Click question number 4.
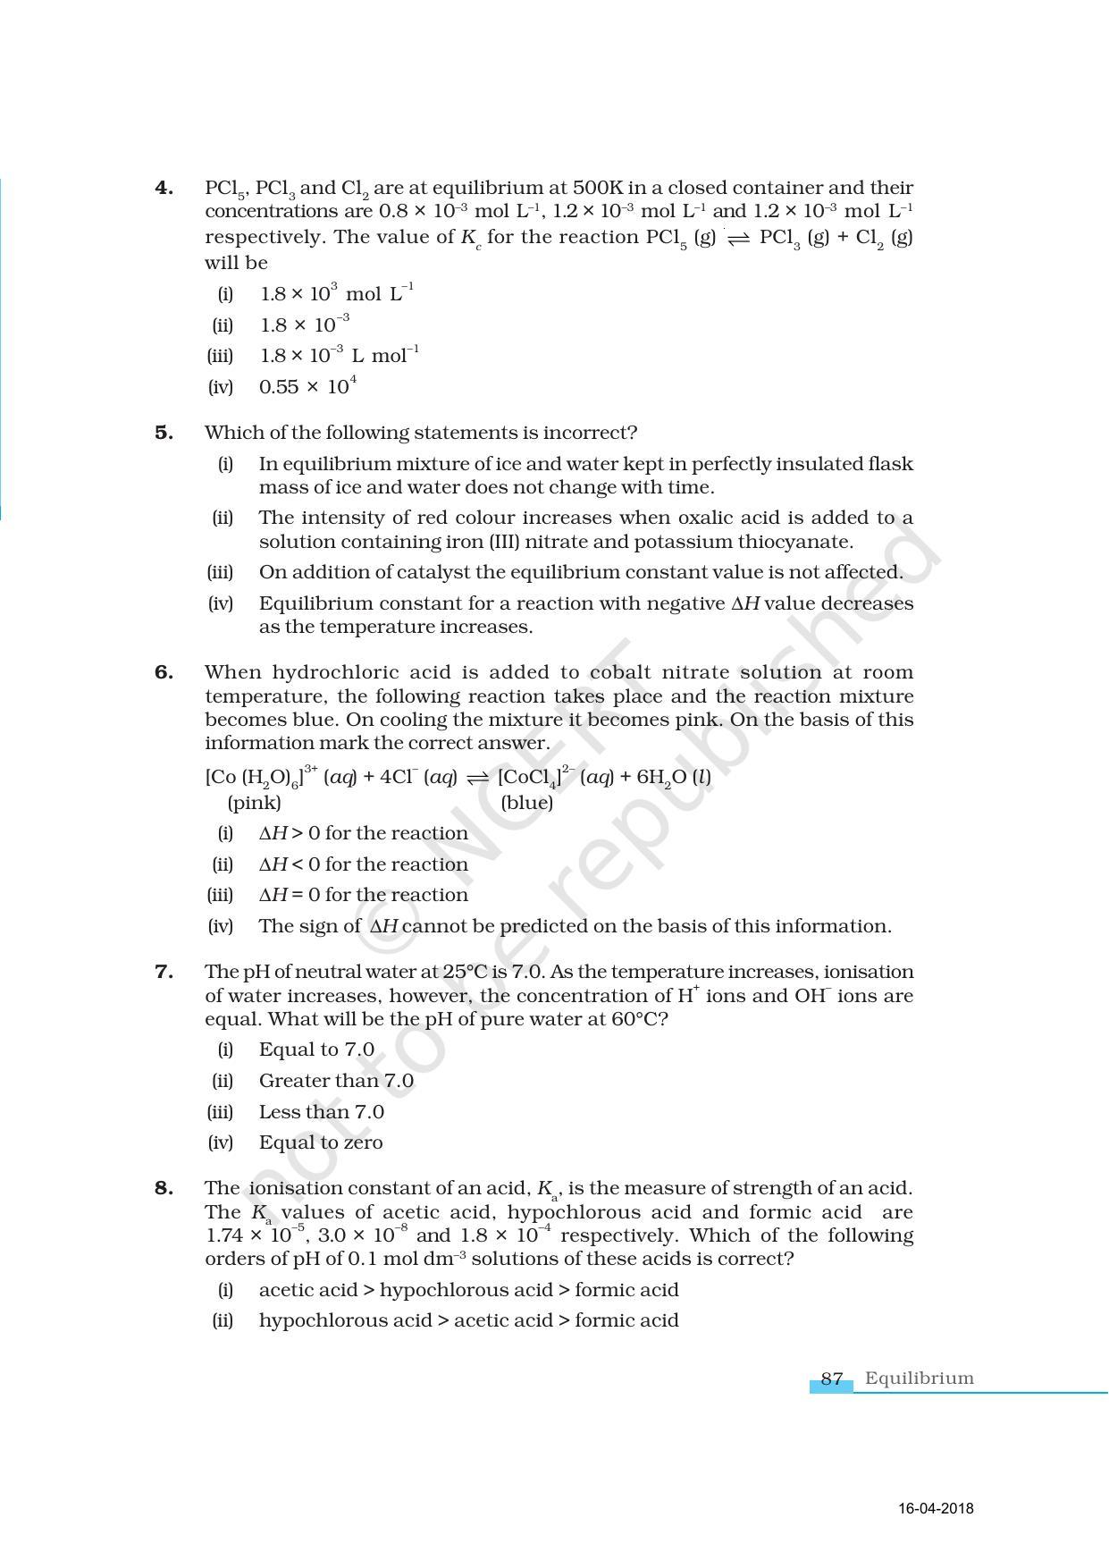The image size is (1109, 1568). pos(164,188)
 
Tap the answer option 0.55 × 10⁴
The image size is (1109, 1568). pos(307,387)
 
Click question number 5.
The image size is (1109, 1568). pos(164,433)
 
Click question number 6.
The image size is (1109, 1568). pos(164,672)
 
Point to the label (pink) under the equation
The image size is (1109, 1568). pos(255,803)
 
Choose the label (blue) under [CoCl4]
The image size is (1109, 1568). pos(527,803)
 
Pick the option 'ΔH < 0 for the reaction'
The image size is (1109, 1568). pos(363,864)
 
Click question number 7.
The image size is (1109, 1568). pos(164,972)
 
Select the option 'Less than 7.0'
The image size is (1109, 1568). pos(321,1112)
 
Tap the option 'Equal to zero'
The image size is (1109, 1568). pos(320,1142)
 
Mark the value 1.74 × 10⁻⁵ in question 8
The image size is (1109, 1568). pos(256,1236)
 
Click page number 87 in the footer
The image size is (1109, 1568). pos(831,1378)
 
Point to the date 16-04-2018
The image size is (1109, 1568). pos(936,1509)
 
